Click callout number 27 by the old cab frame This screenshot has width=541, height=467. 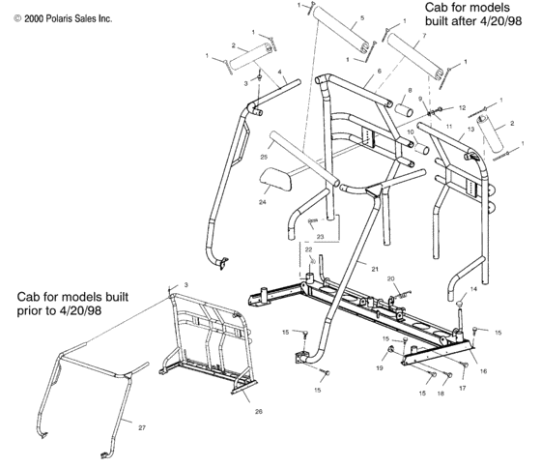[x=143, y=426]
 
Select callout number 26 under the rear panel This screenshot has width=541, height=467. [x=257, y=411]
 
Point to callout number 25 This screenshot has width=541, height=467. [x=264, y=156]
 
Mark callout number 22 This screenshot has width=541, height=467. [x=307, y=250]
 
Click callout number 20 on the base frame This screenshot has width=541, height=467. [x=391, y=278]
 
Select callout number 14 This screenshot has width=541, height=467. [x=473, y=289]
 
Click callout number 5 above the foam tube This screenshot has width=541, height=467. [x=361, y=18]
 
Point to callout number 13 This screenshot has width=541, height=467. [x=471, y=127]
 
